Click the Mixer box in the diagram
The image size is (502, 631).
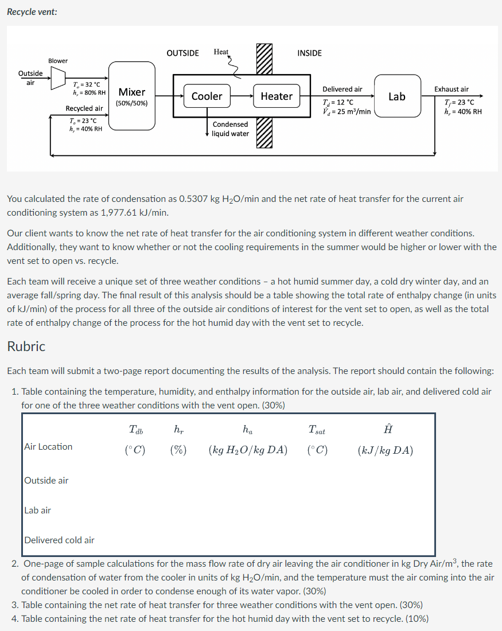[131, 96]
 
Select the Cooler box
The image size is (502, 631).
[207, 96]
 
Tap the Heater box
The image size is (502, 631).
[277, 96]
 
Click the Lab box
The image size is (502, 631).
[397, 96]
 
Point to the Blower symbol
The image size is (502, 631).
[59, 78]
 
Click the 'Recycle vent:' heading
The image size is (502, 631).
[32, 11]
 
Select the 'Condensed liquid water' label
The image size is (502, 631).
[230, 129]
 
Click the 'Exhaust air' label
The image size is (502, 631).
[451, 89]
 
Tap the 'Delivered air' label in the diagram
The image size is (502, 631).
[342, 89]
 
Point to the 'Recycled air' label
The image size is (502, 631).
[84, 108]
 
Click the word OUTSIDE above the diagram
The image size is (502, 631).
[182, 53]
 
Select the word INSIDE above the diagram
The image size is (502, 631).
[309, 53]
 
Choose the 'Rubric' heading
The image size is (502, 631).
[26, 346]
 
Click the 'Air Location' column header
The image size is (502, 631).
[48, 447]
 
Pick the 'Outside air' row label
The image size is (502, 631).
[46, 481]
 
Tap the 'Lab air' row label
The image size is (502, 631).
[38, 510]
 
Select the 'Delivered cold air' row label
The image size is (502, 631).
[59, 540]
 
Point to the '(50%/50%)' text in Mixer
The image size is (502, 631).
[131, 104]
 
